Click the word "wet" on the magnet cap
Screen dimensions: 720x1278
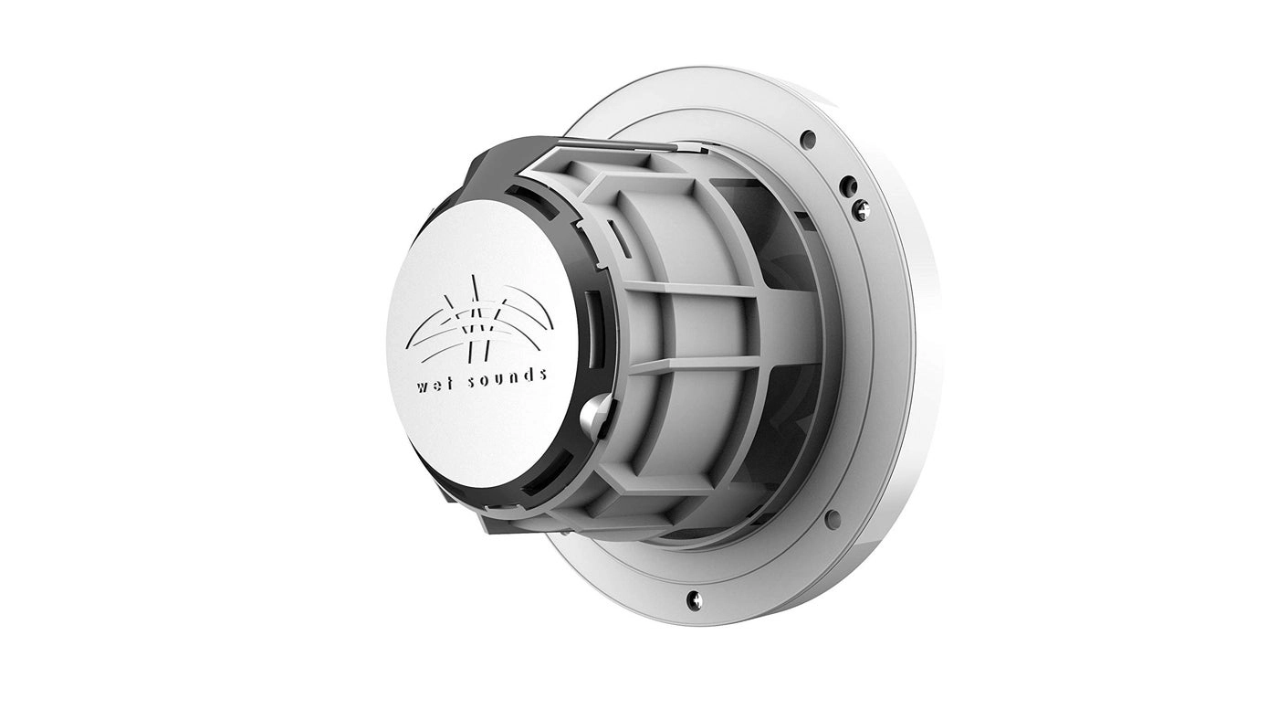coord(434,385)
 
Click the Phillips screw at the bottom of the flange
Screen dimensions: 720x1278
coord(694,599)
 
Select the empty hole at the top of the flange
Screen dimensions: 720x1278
coord(807,140)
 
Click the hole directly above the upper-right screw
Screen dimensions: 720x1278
coord(848,183)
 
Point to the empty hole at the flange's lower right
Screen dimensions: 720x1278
coord(832,518)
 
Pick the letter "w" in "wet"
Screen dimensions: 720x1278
coord(423,386)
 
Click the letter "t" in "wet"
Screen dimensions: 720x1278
coord(445,383)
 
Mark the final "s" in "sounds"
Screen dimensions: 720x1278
coord(543,373)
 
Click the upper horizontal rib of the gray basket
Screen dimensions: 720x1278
coord(694,289)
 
